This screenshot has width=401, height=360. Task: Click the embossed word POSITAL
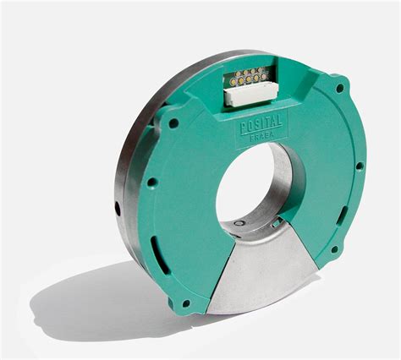pyautogui.click(x=261, y=124)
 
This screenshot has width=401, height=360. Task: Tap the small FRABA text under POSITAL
pyautogui.click(x=262, y=135)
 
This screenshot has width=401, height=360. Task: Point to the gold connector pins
pyautogui.click(x=249, y=77)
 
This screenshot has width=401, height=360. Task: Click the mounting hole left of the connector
pyautogui.click(x=173, y=123)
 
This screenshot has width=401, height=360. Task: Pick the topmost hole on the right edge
pyautogui.click(x=340, y=88)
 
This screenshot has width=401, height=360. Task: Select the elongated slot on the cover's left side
pyautogui.click(x=153, y=248)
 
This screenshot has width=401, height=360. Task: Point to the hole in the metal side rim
pyautogui.click(x=118, y=207)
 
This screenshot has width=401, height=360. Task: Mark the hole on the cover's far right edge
pyautogui.click(x=360, y=166)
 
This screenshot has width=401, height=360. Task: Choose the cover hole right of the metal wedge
pyautogui.click(x=333, y=249)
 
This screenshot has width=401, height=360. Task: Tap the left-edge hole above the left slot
pyautogui.click(x=151, y=182)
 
